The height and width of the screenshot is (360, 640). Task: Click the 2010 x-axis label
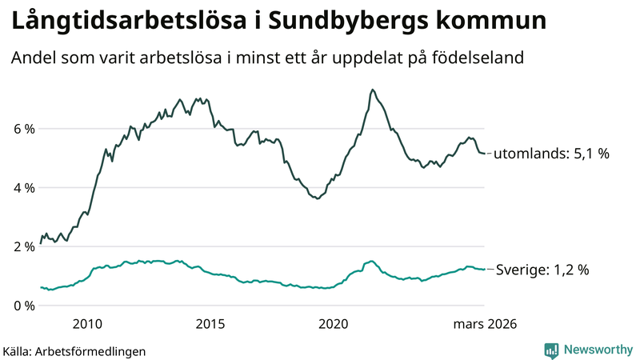click(87, 324)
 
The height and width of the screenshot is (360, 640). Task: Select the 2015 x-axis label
click(210, 324)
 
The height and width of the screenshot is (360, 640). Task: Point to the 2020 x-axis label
click(334, 324)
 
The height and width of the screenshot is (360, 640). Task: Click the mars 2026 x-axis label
click(485, 324)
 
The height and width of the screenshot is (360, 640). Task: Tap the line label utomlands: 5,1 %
click(552, 154)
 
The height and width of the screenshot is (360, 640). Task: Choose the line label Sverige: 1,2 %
click(542, 270)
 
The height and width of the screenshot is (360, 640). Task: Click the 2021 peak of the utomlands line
click(373, 90)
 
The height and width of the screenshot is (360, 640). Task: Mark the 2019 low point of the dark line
click(318, 198)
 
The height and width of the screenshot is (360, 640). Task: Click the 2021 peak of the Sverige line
click(370, 262)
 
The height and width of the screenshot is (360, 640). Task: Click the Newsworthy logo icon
click(551, 350)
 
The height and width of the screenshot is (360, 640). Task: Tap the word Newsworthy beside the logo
click(597, 350)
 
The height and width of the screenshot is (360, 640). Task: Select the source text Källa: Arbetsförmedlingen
click(74, 350)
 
